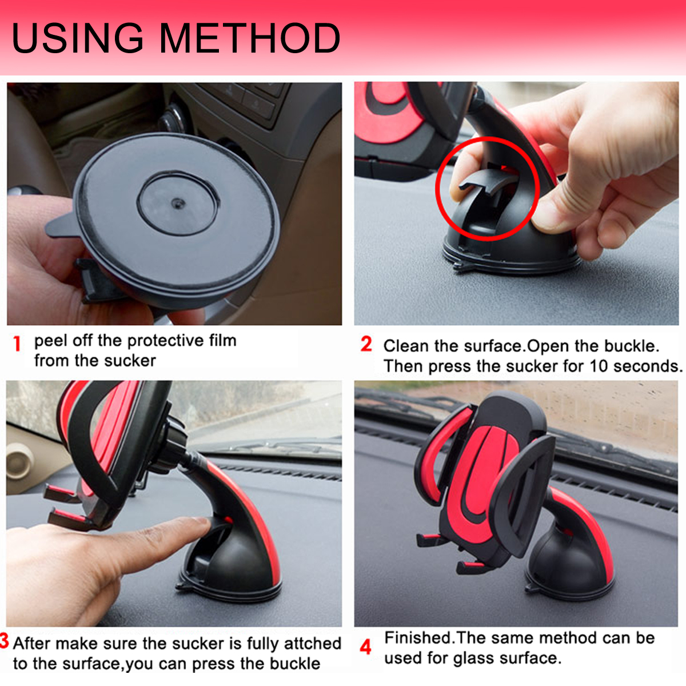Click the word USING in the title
pyautogui.click(x=78, y=38)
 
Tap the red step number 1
pyautogui.click(x=17, y=344)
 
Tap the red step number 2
pyautogui.click(x=366, y=344)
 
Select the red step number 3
pyautogui.click(x=4, y=641)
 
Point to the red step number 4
pyautogui.click(x=366, y=647)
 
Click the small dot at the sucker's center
pyautogui.click(x=178, y=204)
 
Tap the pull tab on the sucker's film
pyautogui.click(x=61, y=225)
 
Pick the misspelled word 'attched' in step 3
pyautogui.click(x=312, y=644)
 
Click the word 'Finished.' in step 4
pyautogui.click(x=418, y=637)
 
